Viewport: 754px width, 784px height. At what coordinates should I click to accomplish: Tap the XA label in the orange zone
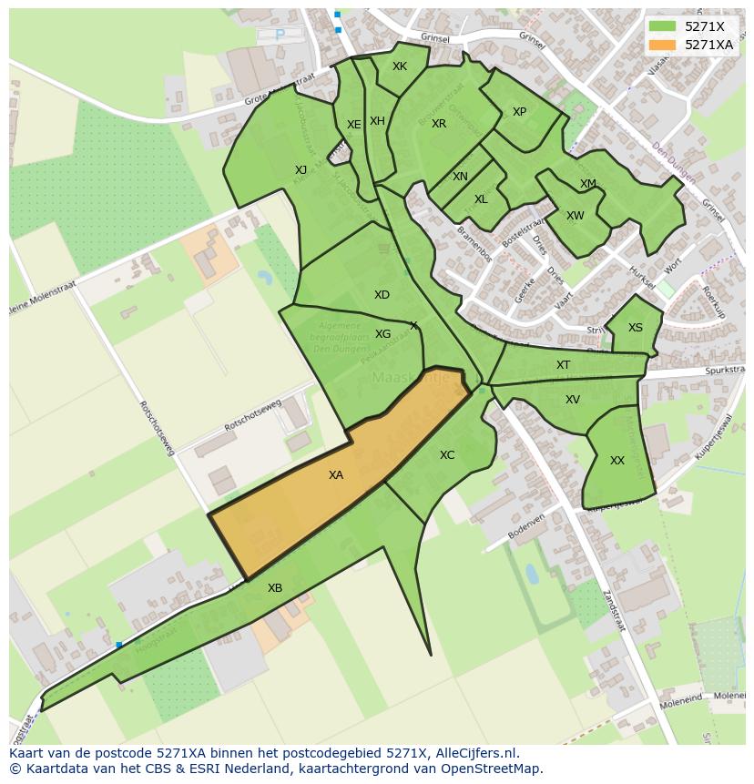336,475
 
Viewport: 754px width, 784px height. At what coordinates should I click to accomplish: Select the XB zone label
275,588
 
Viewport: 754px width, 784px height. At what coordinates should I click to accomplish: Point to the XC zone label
447,455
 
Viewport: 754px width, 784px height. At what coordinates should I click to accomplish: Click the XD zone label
382,295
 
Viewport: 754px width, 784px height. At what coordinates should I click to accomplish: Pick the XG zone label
383,334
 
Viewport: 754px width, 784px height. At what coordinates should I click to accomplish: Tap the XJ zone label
301,169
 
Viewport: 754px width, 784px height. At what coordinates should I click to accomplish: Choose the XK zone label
400,66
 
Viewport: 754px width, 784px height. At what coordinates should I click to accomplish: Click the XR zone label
439,124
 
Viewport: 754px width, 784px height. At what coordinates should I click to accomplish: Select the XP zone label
519,112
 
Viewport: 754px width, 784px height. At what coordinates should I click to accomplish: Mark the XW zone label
575,216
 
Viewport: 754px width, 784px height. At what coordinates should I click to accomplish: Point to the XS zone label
636,328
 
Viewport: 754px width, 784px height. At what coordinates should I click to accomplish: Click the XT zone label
563,365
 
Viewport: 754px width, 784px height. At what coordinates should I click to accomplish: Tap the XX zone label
617,461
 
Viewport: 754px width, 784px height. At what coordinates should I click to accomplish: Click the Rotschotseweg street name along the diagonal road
156,428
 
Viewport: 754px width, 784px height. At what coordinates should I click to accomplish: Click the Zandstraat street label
616,611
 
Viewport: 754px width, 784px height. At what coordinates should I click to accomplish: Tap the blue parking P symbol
280,35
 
